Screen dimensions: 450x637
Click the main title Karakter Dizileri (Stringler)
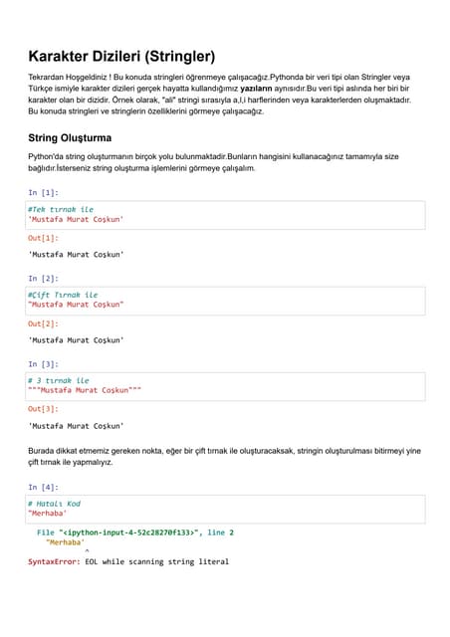click(x=120, y=57)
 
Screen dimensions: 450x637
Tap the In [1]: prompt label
click(x=43, y=192)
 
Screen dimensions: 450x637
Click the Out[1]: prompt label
click(x=43, y=238)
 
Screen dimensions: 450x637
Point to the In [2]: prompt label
click(x=43, y=279)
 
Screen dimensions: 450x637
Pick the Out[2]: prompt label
click(x=43, y=323)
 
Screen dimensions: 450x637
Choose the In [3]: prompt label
click(x=43, y=364)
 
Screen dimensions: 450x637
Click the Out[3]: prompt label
click(x=43, y=409)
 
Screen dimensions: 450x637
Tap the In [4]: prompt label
click(x=43, y=487)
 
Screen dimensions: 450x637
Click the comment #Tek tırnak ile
click(x=61, y=209)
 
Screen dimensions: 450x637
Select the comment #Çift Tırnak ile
click(x=63, y=295)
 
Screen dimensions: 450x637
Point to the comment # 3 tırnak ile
click(x=59, y=380)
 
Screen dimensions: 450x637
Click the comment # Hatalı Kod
click(x=55, y=504)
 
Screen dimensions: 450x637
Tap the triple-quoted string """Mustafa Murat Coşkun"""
click(x=85, y=390)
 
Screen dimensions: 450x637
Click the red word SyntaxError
click(x=54, y=561)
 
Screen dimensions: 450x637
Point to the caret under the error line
click(x=87, y=551)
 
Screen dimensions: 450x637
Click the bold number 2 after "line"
click(x=231, y=532)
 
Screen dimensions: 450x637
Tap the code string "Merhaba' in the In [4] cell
click(x=48, y=514)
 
